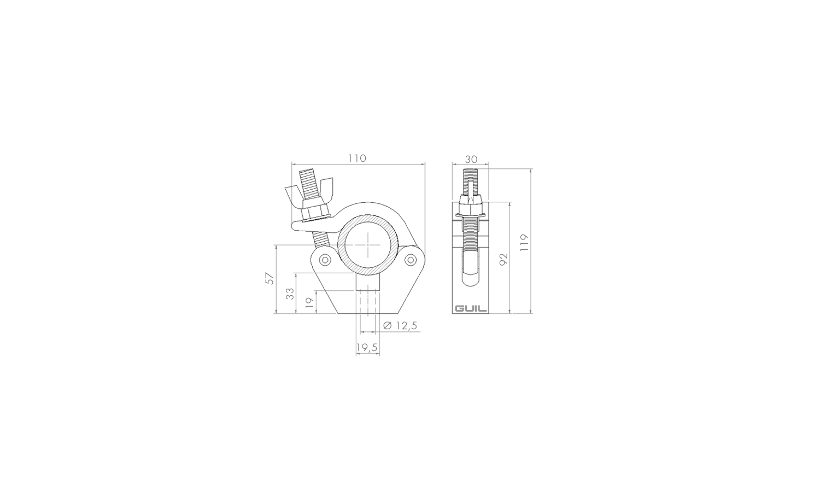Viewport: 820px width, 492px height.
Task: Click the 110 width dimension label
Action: point(356,159)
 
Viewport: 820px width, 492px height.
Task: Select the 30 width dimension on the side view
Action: point(471,160)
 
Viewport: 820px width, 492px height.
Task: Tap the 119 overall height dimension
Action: point(525,242)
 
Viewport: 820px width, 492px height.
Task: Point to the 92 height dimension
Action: point(503,259)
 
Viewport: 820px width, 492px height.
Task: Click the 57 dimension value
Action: point(270,278)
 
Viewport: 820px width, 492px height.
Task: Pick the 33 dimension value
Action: point(290,294)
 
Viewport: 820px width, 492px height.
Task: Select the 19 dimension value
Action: point(310,302)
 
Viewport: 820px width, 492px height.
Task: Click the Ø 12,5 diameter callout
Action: point(400,325)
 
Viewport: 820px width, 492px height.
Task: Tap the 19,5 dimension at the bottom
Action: point(367,347)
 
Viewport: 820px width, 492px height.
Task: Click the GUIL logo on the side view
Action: point(471,309)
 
